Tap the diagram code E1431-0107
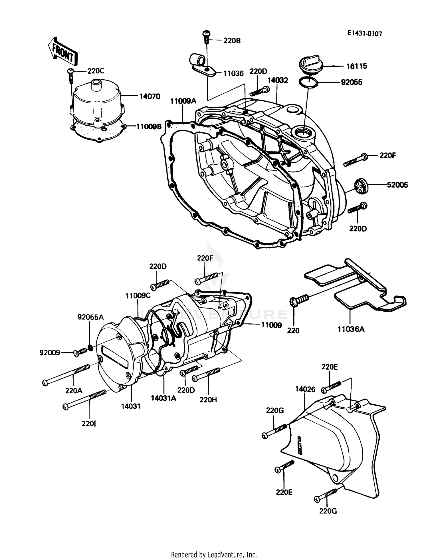click(x=364, y=34)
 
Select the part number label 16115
click(x=357, y=66)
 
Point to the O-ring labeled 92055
click(x=308, y=82)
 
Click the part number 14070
click(x=150, y=96)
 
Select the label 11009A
click(x=183, y=101)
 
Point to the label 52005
click(x=397, y=185)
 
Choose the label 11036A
click(x=351, y=329)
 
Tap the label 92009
click(x=50, y=353)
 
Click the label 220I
click(x=89, y=424)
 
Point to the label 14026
click(x=305, y=389)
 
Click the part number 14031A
click(x=163, y=398)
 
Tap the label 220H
click(x=208, y=400)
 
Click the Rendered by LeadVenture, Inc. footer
click(x=214, y=555)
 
